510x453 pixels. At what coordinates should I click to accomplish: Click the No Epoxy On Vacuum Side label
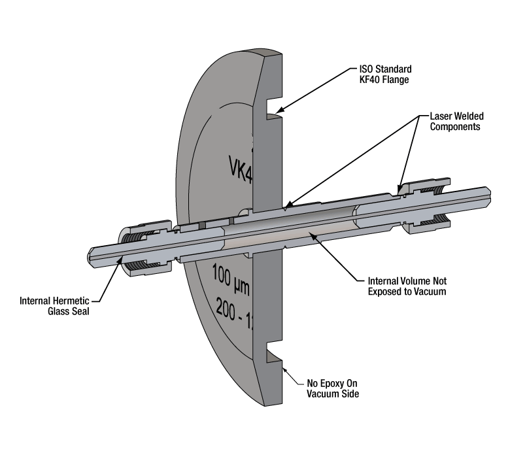(333, 388)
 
